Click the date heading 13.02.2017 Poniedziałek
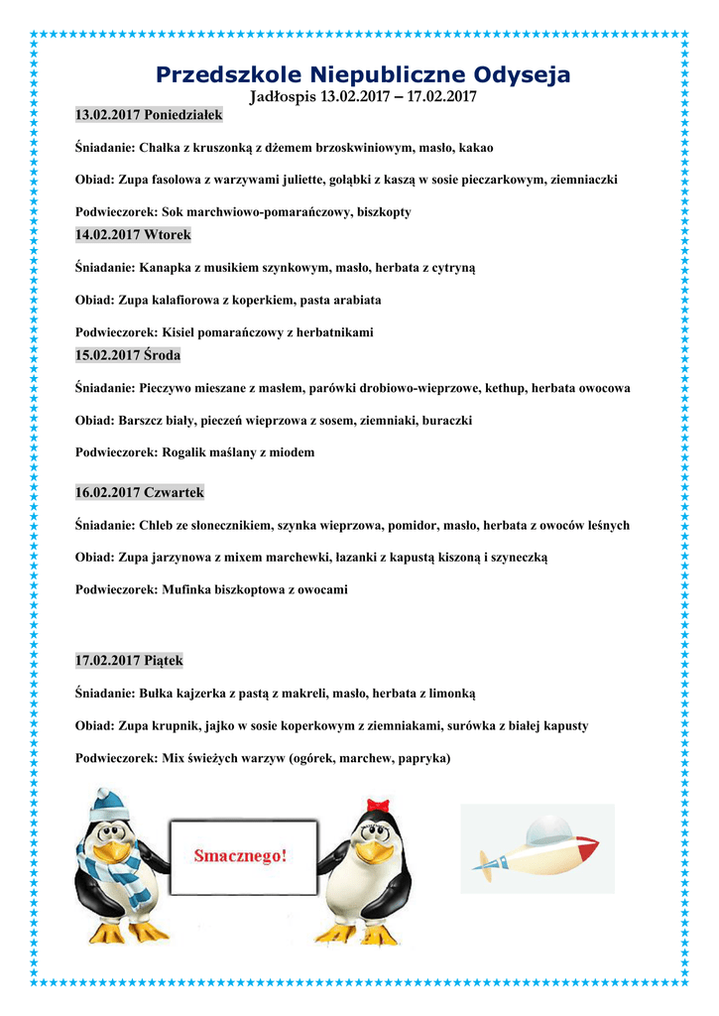(149, 115)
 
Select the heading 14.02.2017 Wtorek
(133, 235)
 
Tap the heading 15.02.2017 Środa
(128, 354)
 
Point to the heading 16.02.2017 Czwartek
(140, 492)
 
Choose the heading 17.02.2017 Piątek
(129, 660)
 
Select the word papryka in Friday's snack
(420, 758)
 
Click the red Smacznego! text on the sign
(239, 855)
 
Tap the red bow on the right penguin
(376, 805)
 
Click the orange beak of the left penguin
(115, 852)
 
